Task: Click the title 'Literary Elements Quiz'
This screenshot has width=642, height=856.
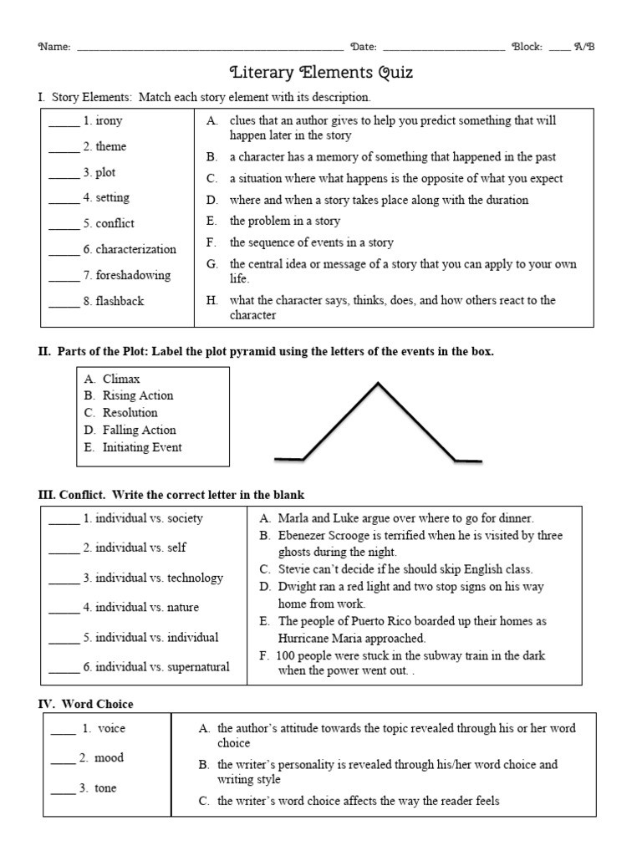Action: click(x=321, y=73)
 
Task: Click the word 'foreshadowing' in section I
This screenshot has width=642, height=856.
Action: click(x=133, y=275)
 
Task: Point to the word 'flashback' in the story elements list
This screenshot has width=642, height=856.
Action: click(x=120, y=301)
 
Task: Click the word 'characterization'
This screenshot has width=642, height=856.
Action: click(x=136, y=249)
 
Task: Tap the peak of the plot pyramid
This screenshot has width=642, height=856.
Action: click(x=378, y=384)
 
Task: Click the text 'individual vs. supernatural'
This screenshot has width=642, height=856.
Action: click(x=162, y=667)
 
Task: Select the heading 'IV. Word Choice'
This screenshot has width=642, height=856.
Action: click(x=85, y=705)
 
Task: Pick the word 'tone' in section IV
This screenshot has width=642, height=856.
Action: click(x=106, y=788)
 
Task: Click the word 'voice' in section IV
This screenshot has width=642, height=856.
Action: click(x=112, y=728)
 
